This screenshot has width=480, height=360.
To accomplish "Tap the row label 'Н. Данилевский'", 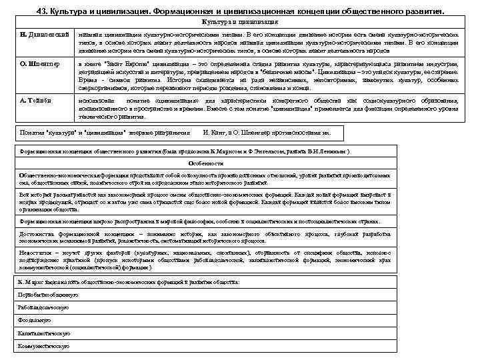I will pos(45,33).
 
